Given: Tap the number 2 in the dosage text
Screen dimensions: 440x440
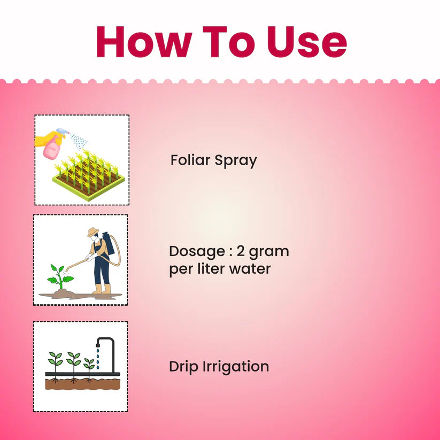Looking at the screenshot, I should [x=248, y=251].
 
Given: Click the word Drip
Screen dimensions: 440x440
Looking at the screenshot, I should [x=183, y=367].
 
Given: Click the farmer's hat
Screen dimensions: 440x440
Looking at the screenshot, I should [x=94, y=233].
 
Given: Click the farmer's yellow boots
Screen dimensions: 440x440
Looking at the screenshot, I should [x=102, y=289].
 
